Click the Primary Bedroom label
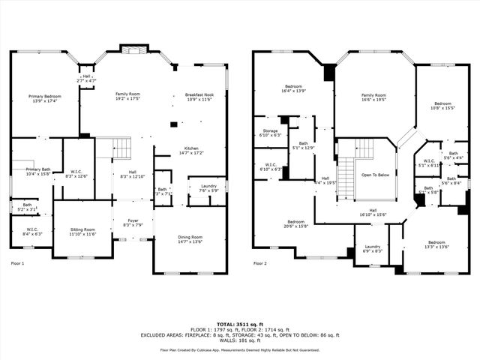pos(45,97)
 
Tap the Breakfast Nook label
pos(200,95)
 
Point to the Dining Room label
pos(190,238)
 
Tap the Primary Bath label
pos(37,169)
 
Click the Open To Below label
pos(376,175)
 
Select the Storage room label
pos(270,130)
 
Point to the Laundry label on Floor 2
pos(373,247)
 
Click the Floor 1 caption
pos(18,264)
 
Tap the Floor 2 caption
pos(260,264)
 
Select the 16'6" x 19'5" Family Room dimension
pos(373,100)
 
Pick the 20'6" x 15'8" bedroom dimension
pos(295,226)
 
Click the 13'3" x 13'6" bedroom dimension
pos(436,247)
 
